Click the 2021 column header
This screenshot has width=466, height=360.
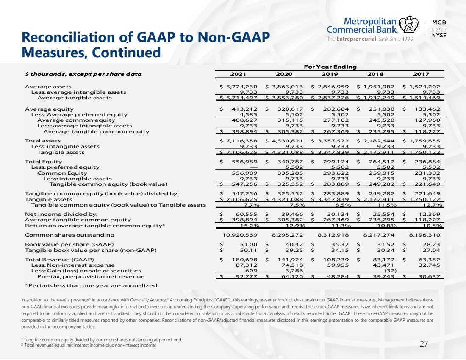(x=238, y=74)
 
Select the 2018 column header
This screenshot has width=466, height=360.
(x=375, y=74)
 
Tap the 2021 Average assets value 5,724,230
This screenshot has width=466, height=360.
(x=241, y=87)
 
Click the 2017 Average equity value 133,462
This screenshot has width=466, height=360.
(x=427, y=109)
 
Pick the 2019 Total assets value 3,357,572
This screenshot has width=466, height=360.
(x=333, y=141)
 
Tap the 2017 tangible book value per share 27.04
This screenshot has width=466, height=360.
(x=431, y=251)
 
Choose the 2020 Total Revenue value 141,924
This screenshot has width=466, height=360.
(x=290, y=260)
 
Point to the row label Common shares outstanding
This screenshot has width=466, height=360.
(x=69, y=235)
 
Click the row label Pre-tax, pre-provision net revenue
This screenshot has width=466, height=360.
(x=91, y=277)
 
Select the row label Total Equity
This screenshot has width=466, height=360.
(x=43, y=162)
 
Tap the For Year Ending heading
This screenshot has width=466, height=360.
(x=330, y=67)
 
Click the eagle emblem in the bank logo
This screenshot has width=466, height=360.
(x=408, y=24)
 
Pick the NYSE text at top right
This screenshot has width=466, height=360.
(x=439, y=35)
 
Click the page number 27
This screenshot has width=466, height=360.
(x=424, y=344)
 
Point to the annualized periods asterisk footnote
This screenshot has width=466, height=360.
(x=92, y=286)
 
